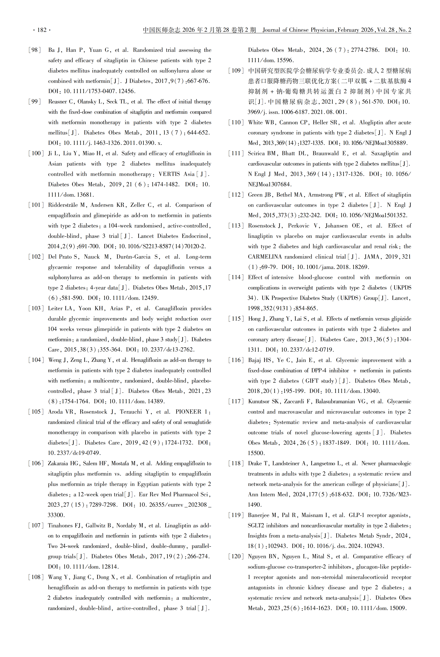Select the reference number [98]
(x=35, y=50)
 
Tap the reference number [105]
(x=36, y=412)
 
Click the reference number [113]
(x=236, y=226)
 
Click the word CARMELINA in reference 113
(x=264, y=257)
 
